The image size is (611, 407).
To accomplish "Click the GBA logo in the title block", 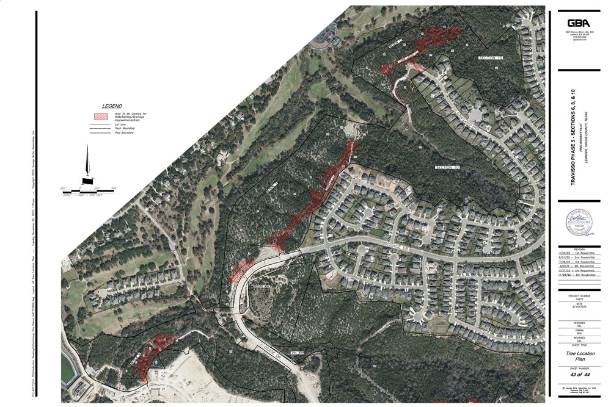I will (577, 22).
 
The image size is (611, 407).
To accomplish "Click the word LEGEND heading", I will (112, 106).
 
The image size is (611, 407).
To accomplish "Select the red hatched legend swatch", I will (100, 116).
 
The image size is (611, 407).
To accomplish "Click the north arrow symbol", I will (87, 167).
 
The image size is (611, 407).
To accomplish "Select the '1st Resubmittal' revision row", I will (577, 253).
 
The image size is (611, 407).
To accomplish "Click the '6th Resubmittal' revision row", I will (577, 275).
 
